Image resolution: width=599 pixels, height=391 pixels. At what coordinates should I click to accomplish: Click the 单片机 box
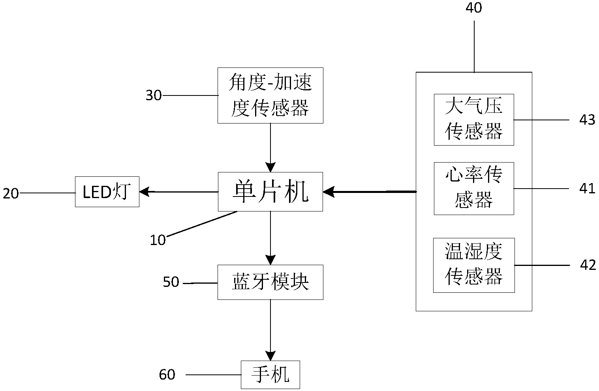tap(270, 192)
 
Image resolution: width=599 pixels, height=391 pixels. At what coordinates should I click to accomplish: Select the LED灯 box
tap(107, 192)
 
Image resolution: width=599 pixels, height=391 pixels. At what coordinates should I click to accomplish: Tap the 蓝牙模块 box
tap(270, 282)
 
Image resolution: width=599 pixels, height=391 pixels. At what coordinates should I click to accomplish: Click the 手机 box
tap(270, 374)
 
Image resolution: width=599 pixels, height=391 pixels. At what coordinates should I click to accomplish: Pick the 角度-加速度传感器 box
tap(270, 95)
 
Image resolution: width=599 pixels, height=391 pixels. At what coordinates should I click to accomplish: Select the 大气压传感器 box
tap(473, 120)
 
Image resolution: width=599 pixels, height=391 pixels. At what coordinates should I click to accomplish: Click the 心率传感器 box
tap(473, 188)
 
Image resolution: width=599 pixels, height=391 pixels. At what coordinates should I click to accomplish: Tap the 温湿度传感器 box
tap(473, 265)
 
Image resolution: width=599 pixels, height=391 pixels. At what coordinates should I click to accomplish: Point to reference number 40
tap(473, 8)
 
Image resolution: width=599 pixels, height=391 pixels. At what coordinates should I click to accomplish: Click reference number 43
tap(587, 120)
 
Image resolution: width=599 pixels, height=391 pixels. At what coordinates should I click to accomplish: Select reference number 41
tap(587, 188)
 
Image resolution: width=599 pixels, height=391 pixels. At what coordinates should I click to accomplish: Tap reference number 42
tap(588, 265)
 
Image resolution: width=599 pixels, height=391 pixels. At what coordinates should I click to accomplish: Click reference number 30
tap(154, 95)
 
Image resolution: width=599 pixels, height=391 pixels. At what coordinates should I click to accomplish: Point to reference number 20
tap(11, 193)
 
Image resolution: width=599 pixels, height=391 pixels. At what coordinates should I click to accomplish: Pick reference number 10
tap(158, 240)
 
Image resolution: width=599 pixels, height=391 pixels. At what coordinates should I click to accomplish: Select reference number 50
tap(171, 282)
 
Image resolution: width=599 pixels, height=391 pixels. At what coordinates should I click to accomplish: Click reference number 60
tap(167, 374)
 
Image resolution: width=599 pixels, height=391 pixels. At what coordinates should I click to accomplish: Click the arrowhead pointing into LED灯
tap(144, 192)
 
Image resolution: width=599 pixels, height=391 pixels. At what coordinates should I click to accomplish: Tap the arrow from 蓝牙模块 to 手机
tap(270, 329)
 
